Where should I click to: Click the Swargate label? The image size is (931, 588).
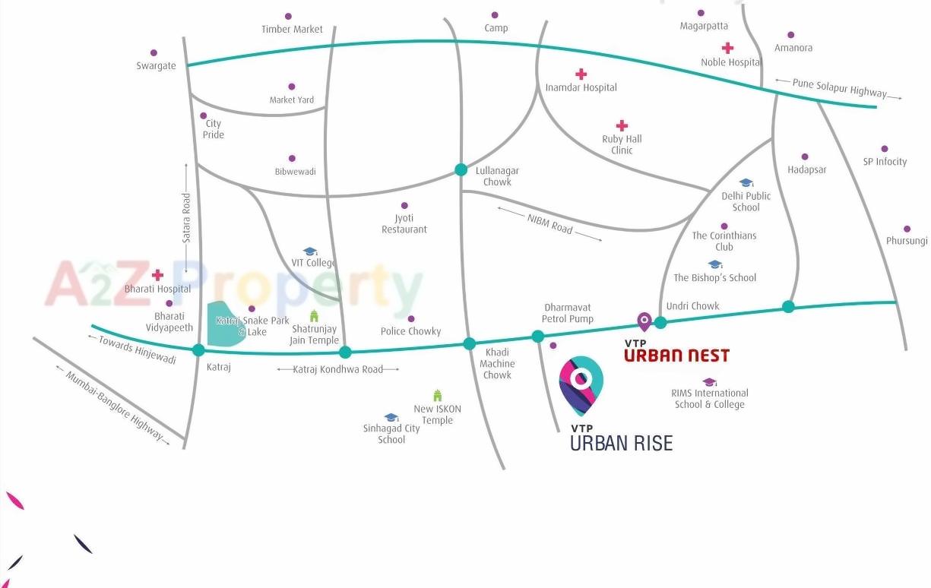point(156,66)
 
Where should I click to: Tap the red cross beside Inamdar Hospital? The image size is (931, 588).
point(581,74)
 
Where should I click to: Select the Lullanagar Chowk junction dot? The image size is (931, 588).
point(461,169)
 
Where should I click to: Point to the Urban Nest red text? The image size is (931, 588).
point(676,356)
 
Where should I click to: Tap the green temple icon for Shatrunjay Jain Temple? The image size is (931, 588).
point(314,316)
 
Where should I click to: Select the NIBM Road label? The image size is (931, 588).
point(549,223)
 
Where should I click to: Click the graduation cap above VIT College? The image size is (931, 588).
point(309,251)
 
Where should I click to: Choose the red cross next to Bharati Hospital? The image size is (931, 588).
point(157,275)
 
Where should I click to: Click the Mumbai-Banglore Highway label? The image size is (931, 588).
point(113,406)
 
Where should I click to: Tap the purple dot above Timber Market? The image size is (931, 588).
point(288,16)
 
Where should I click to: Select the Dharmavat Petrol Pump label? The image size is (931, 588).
point(568,313)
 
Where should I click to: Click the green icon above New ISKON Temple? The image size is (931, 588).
point(437,395)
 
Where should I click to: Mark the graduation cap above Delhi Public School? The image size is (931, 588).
point(746,182)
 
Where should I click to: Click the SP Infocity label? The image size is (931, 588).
point(885,162)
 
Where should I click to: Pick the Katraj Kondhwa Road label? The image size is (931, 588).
point(337,369)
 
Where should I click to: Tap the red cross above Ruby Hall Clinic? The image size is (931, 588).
point(622,125)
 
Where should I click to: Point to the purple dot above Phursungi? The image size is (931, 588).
point(907,229)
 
